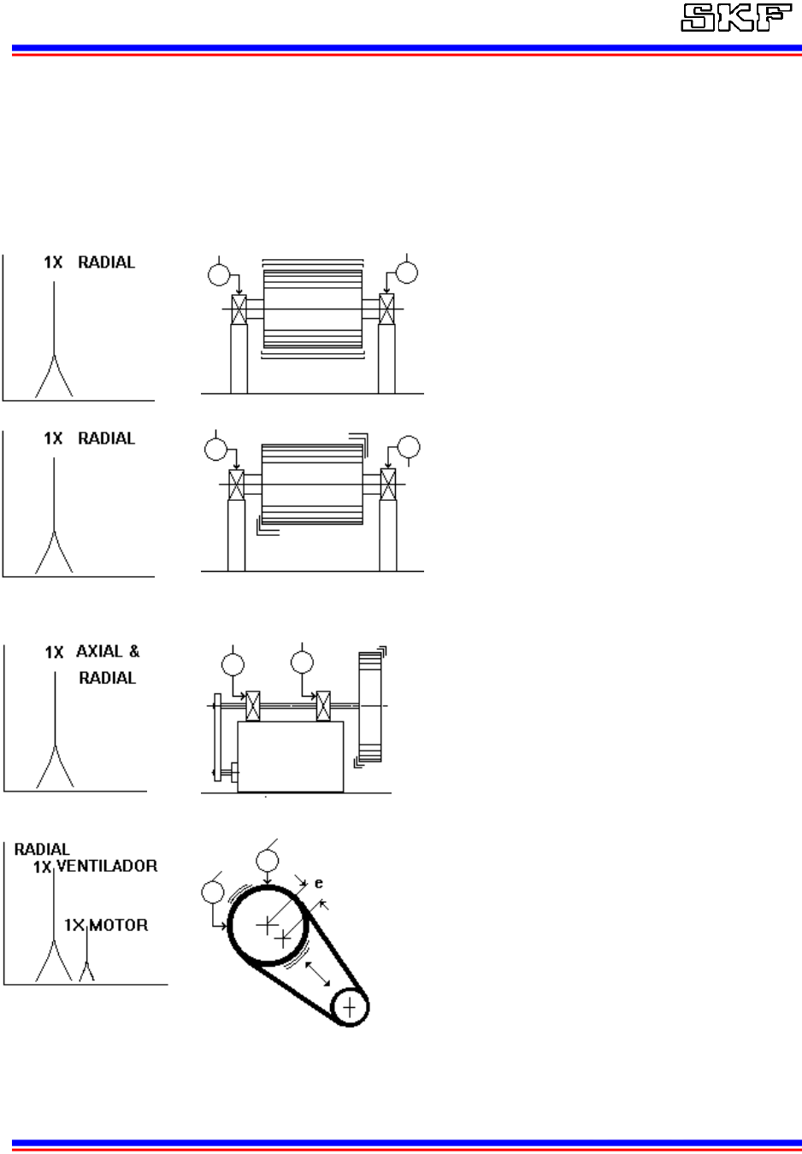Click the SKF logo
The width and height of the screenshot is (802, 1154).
click(x=735, y=19)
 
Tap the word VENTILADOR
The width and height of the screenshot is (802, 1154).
click(x=107, y=866)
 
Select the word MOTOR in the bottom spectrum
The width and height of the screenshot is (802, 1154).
click(x=118, y=925)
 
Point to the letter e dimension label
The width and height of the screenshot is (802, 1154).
click(x=318, y=886)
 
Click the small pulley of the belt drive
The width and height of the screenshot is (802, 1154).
click(x=349, y=1008)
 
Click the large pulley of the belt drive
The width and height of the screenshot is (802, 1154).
click(x=268, y=925)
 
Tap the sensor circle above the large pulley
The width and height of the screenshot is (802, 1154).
click(x=268, y=860)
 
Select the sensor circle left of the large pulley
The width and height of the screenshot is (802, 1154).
click(x=212, y=892)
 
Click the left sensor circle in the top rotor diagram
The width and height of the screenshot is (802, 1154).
click(x=220, y=274)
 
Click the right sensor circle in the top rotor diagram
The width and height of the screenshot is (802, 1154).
click(x=407, y=273)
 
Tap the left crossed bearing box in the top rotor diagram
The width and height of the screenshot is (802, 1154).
click(x=239, y=309)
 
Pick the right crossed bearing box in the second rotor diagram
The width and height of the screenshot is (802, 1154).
click(x=388, y=484)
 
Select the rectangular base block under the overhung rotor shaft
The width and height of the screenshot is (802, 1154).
click(x=291, y=756)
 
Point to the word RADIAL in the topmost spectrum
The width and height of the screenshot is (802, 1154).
click(x=106, y=262)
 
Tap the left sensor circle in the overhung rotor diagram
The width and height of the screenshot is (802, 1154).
click(x=232, y=663)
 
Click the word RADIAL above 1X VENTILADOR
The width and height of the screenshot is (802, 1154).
click(x=42, y=850)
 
